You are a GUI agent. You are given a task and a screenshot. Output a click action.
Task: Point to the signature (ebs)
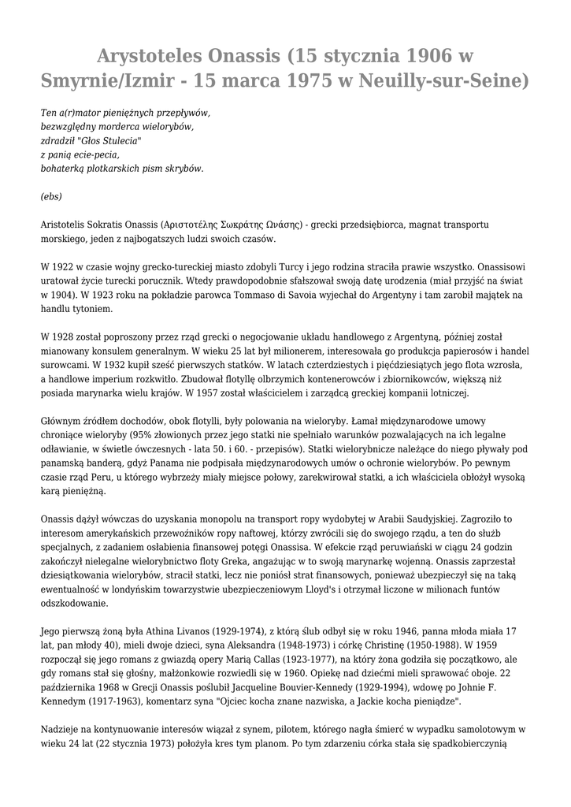click(51, 196)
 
